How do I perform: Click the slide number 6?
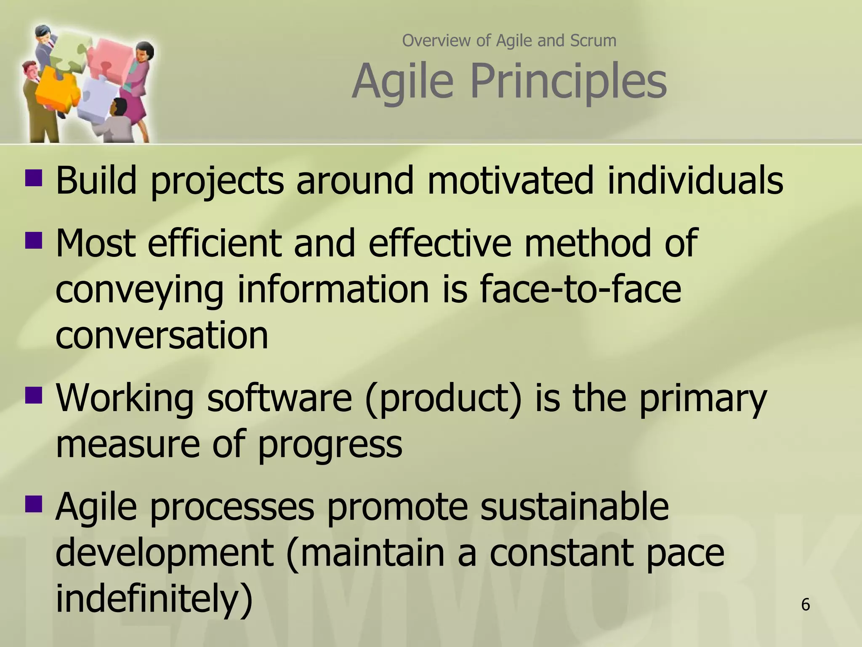[805, 604]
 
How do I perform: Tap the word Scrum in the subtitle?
[593, 40]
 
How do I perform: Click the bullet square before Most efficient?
[34, 240]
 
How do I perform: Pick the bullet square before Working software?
[34, 395]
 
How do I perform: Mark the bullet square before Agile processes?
[34, 503]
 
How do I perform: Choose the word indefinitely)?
[154, 599]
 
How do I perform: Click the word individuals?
[694, 180]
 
